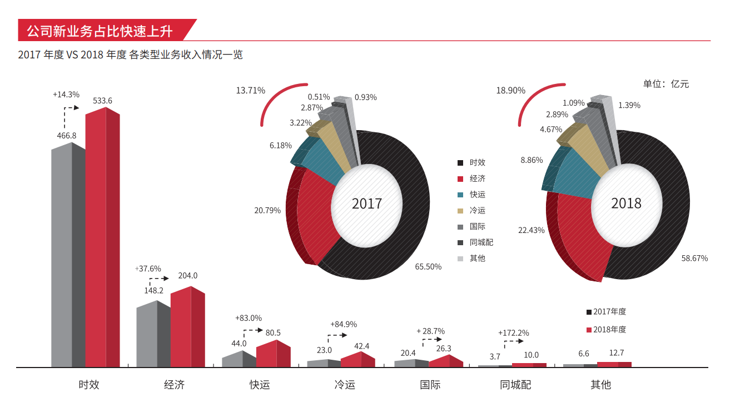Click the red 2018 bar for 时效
click(102, 239)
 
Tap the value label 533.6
click(102, 101)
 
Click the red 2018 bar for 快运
click(273, 354)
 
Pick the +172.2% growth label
click(513, 333)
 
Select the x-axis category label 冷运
click(345, 385)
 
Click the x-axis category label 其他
click(600, 385)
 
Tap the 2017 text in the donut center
click(367, 203)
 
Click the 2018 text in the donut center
click(626, 203)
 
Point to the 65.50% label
click(428, 267)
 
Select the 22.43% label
click(531, 230)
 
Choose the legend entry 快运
click(477, 195)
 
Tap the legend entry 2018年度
click(609, 330)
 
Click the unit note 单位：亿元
click(666, 84)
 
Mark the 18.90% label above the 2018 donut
click(510, 90)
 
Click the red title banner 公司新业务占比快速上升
click(100, 31)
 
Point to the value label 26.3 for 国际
click(444, 349)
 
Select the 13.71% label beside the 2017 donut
click(250, 90)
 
